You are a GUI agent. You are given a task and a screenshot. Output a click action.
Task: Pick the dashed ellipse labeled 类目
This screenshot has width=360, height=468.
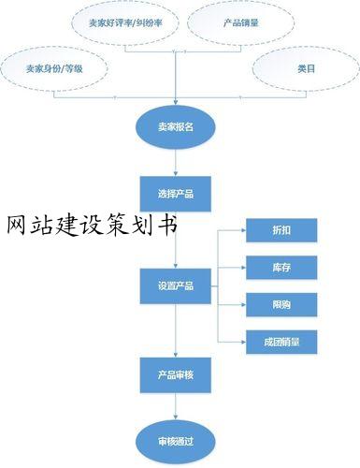305,69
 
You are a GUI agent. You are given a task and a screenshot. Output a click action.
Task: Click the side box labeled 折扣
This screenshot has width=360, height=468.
281,230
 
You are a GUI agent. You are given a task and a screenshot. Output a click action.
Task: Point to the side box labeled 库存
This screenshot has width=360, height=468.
281,268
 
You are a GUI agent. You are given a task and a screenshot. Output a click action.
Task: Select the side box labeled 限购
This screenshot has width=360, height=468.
281,305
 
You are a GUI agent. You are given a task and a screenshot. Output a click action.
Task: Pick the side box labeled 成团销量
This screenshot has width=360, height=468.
281,343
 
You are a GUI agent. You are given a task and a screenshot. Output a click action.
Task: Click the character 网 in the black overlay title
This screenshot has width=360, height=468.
17,227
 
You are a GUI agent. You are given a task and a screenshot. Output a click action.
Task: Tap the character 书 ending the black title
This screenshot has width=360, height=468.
167,227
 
